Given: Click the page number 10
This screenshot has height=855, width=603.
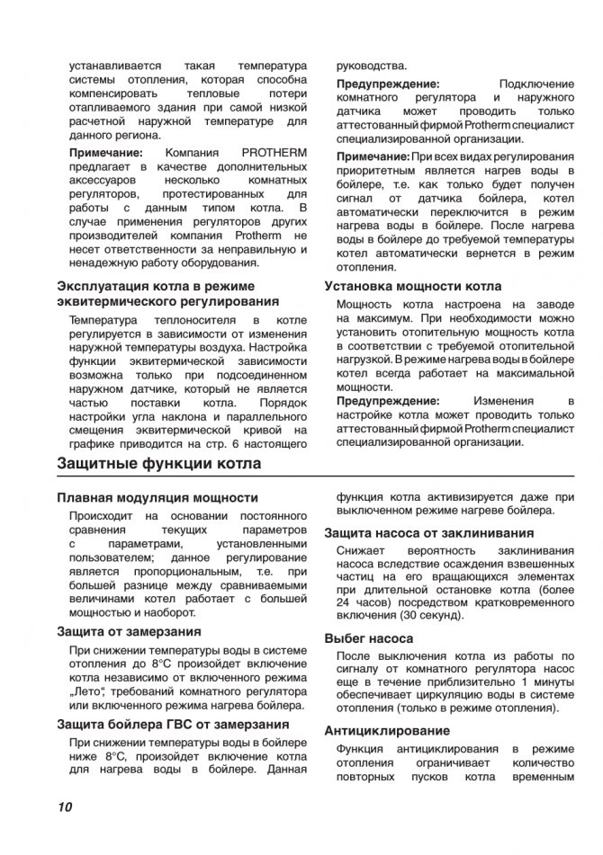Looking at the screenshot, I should (x=64, y=806).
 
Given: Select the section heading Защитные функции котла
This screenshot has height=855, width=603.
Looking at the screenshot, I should (x=159, y=464).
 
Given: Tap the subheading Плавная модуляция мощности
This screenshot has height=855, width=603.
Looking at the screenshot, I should (x=157, y=497).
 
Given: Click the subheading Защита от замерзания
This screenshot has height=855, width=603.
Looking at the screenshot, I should (x=129, y=631).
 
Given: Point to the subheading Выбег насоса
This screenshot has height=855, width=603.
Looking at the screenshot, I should (x=369, y=638).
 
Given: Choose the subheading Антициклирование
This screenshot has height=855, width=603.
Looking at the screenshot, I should (x=387, y=731).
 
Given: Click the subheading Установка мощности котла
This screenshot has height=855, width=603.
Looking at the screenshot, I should (x=413, y=287).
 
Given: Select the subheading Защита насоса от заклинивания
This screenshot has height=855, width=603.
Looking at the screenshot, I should (x=429, y=532).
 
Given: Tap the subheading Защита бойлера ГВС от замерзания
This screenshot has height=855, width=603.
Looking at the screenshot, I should (x=173, y=725).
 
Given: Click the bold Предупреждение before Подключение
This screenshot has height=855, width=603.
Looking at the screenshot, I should (x=389, y=83).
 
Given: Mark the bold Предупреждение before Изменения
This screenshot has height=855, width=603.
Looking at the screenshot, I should (x=389, y=400).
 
